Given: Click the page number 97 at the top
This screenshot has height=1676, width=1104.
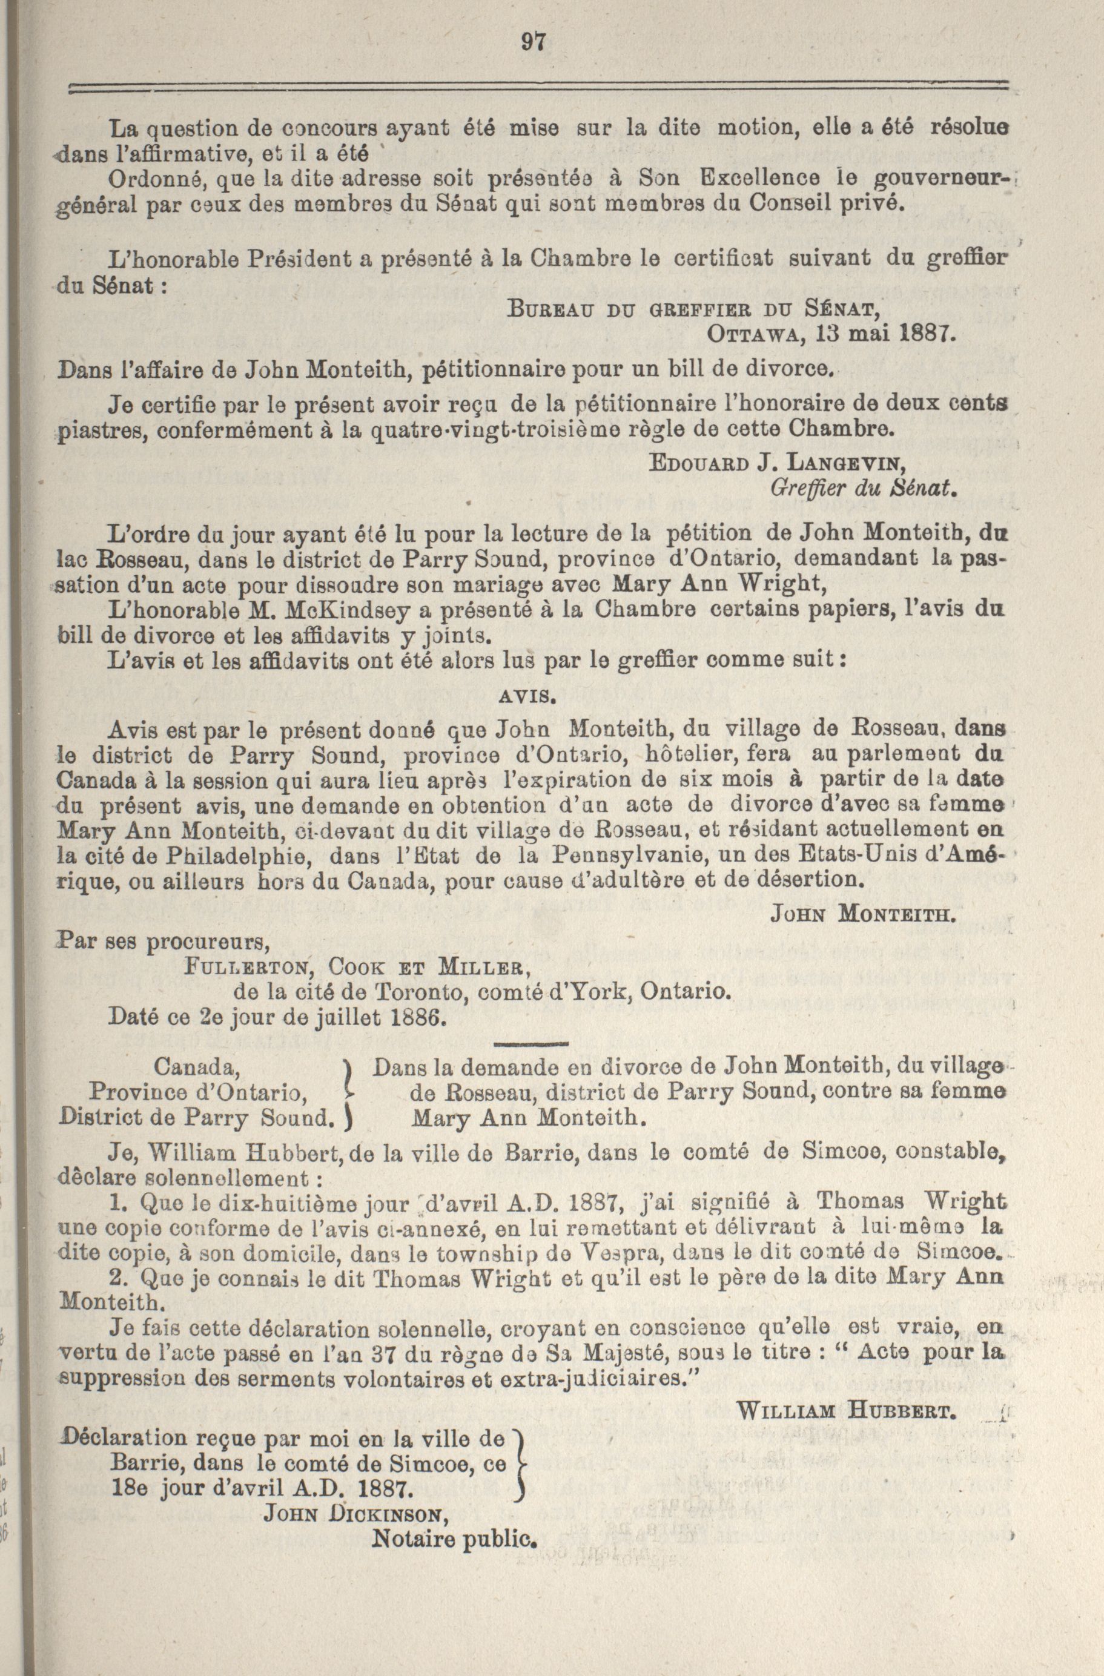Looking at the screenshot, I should tap(534, 43).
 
